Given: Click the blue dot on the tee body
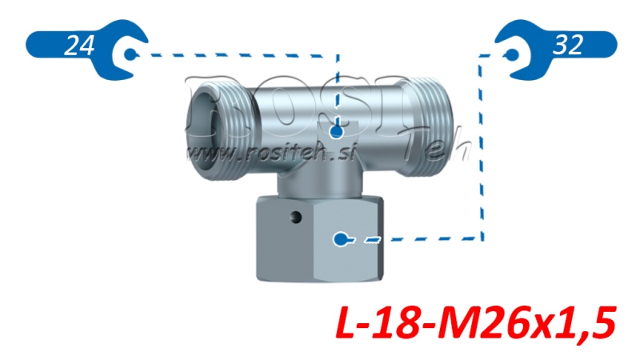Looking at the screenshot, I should coord(337,130).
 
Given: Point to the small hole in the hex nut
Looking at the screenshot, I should coord(296,217).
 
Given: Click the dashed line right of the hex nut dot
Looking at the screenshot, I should coord(424,238).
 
